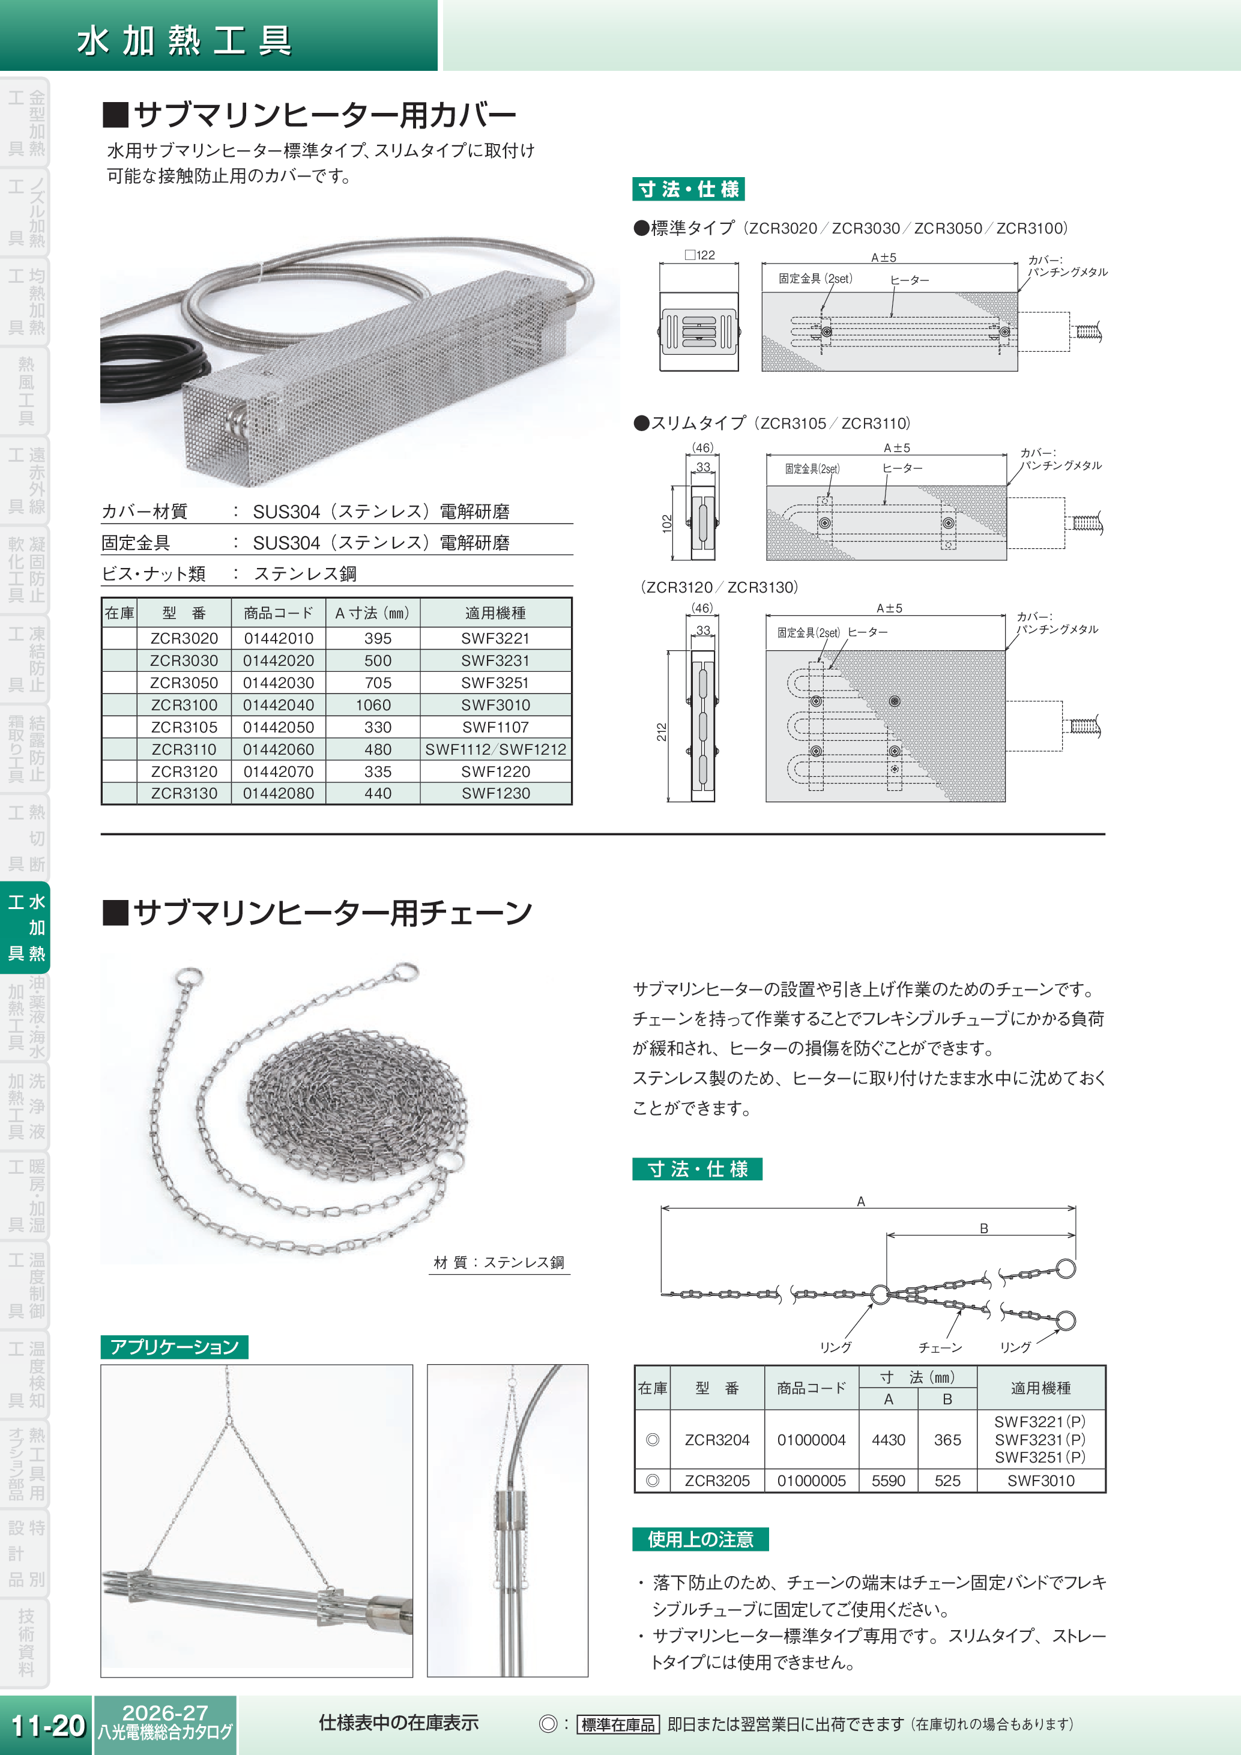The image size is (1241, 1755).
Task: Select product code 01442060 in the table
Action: (278, 749)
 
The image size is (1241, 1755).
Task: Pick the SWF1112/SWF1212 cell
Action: (495, 749)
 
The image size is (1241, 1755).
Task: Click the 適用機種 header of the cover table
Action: (495, 613)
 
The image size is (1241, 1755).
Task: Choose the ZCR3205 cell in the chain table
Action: (717, 1481)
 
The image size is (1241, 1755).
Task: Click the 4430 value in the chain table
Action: (888, 1440)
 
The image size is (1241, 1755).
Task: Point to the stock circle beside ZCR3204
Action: (653, 1440)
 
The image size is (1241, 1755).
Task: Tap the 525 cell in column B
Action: (947, 1481)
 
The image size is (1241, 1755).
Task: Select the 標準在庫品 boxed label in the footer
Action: (618, 1724)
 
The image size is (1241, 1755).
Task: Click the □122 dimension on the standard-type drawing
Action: (700, 255)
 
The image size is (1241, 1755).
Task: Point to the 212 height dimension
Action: (662, 731)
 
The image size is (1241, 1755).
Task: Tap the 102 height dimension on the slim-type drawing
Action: (667, 523)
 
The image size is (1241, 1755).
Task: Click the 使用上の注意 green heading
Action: (700, 1539)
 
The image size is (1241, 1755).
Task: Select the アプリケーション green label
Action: (174, 1347)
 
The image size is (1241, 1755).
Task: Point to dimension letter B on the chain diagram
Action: (983, 1228)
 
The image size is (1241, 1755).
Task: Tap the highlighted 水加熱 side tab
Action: (26, 927)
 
